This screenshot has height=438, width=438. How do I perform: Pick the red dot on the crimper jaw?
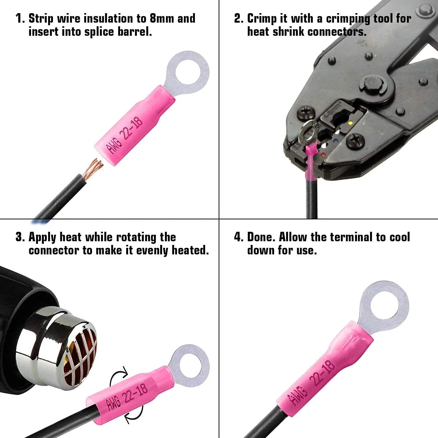click(323, 155)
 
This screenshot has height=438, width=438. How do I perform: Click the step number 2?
click(238, 18)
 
